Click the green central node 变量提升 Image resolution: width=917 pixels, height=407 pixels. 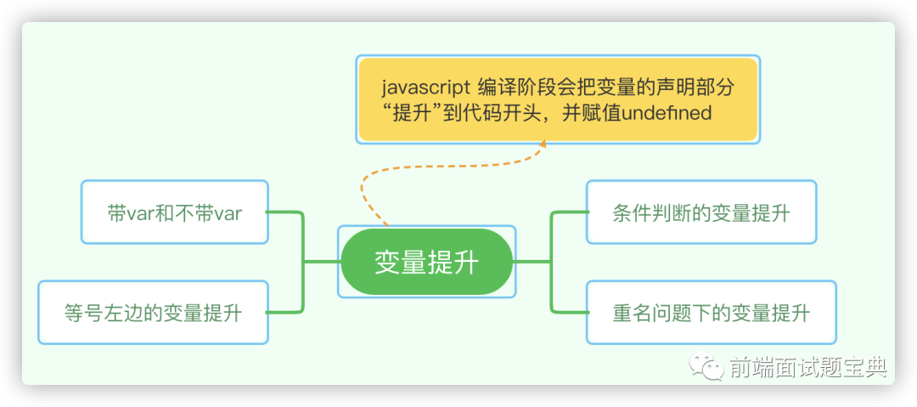point(426,262)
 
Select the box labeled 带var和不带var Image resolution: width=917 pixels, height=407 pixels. point(175,212)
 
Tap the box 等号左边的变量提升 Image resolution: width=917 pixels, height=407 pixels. point(153,313)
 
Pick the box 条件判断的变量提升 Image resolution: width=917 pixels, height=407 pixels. point(701,212)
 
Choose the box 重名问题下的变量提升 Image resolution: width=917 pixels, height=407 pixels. point(712,313)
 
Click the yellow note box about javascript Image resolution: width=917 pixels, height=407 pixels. point(558,99)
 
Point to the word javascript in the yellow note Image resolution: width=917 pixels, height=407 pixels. point(425,88)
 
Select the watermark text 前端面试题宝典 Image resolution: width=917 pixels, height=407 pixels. point(808,367)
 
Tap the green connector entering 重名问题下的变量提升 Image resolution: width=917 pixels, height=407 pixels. point(553,288)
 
